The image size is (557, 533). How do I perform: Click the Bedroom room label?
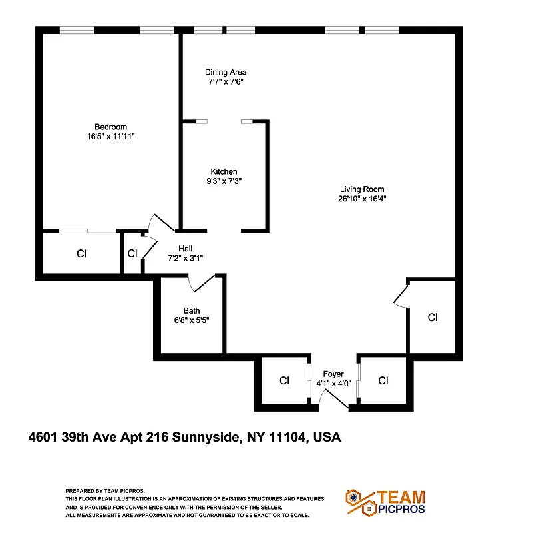click(x=110, y=127)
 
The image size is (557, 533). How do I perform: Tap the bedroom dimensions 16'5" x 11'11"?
click(x=110, y=136)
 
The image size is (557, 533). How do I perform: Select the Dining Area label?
click(x=226, y=72)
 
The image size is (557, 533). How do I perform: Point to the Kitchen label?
click(x=224, y=171)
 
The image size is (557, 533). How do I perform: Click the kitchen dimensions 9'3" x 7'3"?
click(x=224, y=181)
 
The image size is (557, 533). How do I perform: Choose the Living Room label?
click(x=362, y=189)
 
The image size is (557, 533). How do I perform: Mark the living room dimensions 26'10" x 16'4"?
click(x=362, y=198)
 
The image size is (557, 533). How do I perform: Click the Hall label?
click(x=185, y=248)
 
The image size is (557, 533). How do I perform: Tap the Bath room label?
click(x=192, y=310)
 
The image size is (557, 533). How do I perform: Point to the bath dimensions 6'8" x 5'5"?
click(x=192, y=320)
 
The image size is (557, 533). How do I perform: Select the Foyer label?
click(x=333, y=374)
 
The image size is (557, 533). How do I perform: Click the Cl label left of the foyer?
click(x=284, y=381)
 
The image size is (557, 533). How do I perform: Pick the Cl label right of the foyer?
click(x=383, y=381)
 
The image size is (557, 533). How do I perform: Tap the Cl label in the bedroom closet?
click(x=81, y=253)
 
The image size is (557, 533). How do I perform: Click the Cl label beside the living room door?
click(x=433, y=318)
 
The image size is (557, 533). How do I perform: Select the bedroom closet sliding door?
click(x=87, y=231)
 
